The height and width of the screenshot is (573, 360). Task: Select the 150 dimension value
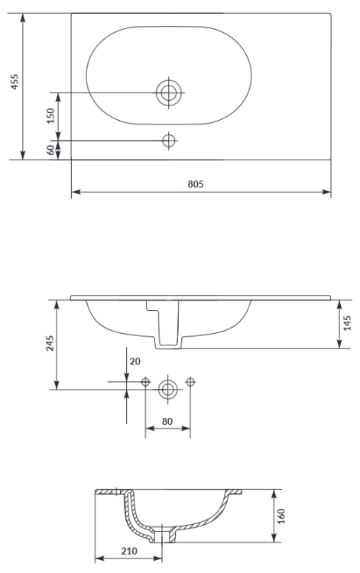pos(50,116)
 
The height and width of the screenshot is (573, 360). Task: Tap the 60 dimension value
pos(50,150)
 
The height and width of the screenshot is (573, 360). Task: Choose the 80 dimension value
pos(167,419)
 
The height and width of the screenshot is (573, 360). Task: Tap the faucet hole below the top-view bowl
pos(168,141)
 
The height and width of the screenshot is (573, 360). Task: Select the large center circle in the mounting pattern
pos(168,389)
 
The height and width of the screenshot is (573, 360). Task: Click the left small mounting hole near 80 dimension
pos(145,384)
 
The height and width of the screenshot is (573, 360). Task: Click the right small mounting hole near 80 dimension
pos(190,384)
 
